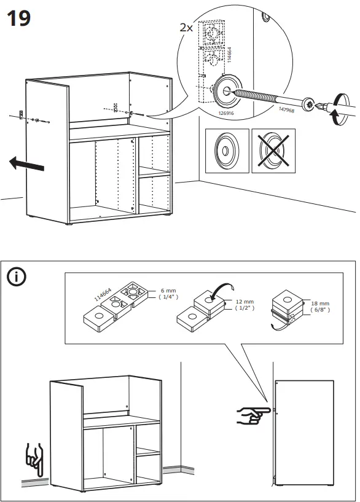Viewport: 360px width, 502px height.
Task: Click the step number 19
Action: pos(18,18)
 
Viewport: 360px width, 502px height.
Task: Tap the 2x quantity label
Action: pos(186,28)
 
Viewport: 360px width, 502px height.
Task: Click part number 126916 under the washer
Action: pos(226,113)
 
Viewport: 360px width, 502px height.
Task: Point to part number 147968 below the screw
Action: pos(286,109)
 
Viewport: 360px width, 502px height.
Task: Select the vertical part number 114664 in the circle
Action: pos(229,55)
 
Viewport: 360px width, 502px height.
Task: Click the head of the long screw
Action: pos(309,104)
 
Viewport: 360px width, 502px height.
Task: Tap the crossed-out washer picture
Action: pos(273,151)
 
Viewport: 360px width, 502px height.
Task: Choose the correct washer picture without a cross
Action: pos(227,151)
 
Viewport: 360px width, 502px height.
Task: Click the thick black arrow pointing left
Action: pos(26,163)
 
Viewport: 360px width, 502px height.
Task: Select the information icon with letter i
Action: pos(17,276)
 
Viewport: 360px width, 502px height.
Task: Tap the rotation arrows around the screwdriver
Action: pos(340,109)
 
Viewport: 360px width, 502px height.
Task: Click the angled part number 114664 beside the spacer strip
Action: pos(103,294)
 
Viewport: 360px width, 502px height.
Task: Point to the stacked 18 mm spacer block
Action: pos(287,307)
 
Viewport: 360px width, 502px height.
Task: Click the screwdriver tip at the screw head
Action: pos(318,105)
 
